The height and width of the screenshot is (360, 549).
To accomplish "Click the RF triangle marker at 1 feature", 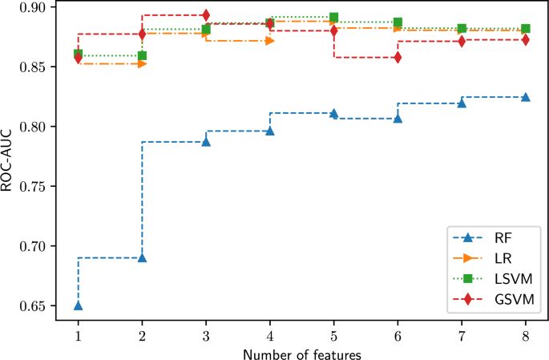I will tap(79, 305).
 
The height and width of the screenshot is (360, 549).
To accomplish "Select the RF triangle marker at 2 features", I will tap(142, 257).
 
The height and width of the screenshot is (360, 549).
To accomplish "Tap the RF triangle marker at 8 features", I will tap(526, 97).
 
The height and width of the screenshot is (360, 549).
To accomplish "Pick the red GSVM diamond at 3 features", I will tap(206, 15).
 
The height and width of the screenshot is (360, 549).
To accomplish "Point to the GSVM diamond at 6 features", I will tap(398, 58).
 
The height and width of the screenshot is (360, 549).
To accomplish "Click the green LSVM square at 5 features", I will tap(333, 18).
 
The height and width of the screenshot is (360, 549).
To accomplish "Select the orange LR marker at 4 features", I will tap(270, 40).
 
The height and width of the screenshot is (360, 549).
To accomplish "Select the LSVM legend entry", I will tap(494, 279).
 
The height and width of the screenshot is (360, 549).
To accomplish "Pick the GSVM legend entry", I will tap(494, 300).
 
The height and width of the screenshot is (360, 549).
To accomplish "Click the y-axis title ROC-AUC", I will tap(10, 167).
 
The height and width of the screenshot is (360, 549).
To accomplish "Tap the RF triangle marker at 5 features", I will tap(333, 114).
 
